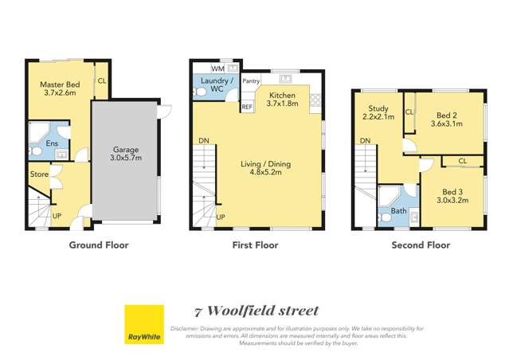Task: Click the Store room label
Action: pyautogui.click(x=40, y=174)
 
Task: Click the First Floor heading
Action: pyautogui.click(x=255, y=245)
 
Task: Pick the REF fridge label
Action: pyautogui.click(x=247, y=107)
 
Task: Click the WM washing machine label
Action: pyautogui.click(x=206, y=69)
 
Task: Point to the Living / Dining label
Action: pyautogui.click(x=265, y=169)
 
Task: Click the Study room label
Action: pyautogui.click(x=378, y=113)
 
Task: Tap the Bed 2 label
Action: pyautogui.click(x=445, y=119)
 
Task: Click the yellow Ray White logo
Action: pyautogui.click(x=144, y=324)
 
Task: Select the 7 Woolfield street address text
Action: pyautogui.click(x=256, y=311)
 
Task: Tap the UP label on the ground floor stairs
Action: pyautogui.click(x=57, y=216)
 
